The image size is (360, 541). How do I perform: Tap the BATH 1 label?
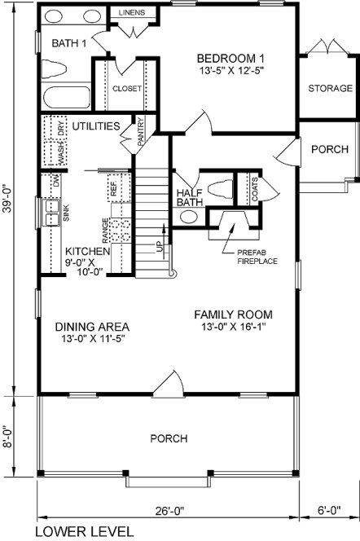(68, 42)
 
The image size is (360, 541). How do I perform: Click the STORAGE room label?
(330, 88)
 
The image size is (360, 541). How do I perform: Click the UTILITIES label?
(96, 126)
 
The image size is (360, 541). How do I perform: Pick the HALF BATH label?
(190, 198)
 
